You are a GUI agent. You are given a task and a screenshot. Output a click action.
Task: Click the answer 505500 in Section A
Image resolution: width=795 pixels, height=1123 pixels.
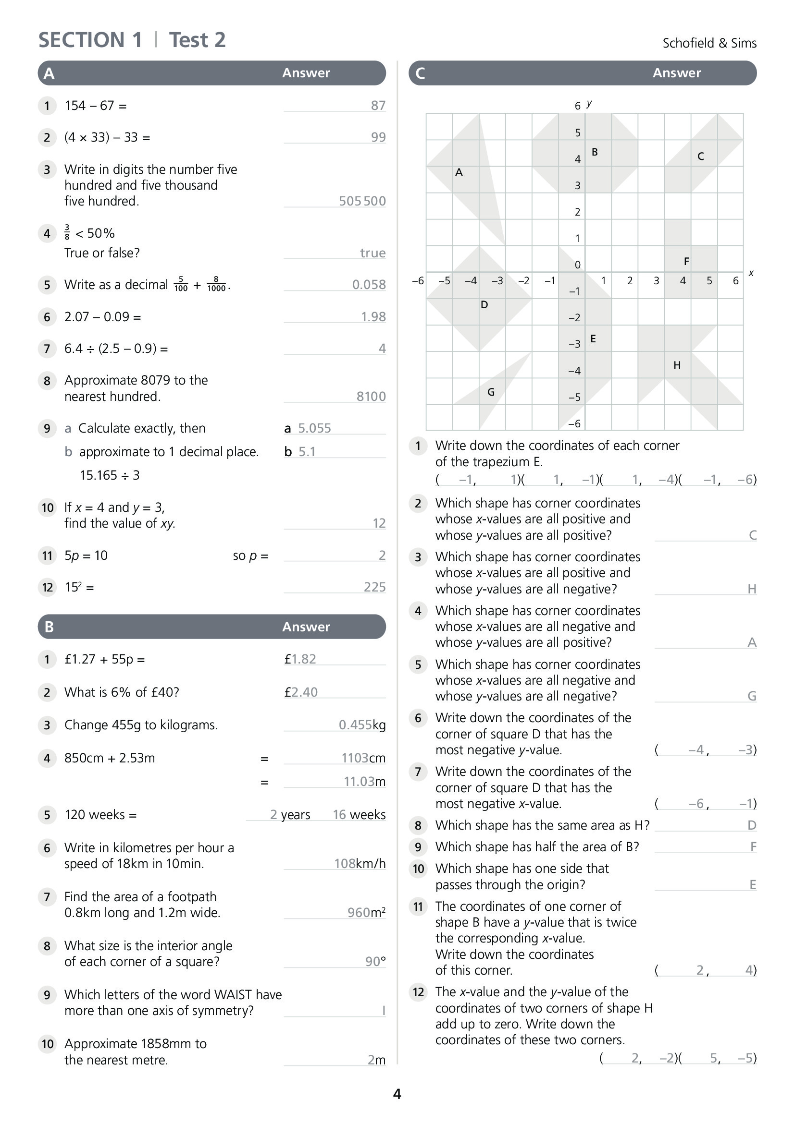[362, 201]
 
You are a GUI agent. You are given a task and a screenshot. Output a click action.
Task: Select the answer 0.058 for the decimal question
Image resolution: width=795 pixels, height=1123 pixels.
[369, 285]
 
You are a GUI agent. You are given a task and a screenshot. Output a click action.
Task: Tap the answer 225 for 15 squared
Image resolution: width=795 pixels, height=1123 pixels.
[374, 587]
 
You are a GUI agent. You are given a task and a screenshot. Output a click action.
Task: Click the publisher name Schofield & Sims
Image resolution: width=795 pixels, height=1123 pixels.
[709, 43]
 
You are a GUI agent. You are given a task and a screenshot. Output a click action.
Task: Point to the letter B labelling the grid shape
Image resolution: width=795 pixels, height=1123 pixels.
[594, 152]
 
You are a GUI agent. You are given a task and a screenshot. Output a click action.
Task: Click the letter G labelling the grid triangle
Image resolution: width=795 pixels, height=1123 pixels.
[491, 392]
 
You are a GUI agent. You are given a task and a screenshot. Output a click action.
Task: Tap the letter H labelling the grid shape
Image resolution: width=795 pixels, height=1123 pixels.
[677, 365]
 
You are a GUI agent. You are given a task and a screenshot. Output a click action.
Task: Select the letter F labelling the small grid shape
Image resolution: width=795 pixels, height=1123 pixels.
[686, 262]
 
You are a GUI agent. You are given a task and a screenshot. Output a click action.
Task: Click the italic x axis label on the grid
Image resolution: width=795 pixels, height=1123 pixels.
[751, 273]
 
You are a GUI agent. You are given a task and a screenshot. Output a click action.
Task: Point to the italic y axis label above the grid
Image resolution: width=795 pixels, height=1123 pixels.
[589, 103]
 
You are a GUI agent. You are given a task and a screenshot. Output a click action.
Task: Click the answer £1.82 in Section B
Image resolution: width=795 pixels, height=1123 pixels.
[300, 659]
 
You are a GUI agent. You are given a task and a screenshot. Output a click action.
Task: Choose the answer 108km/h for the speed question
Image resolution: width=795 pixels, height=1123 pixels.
[360, 864]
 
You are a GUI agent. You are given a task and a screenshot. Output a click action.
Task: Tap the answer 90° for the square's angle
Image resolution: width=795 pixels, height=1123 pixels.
[375, 962]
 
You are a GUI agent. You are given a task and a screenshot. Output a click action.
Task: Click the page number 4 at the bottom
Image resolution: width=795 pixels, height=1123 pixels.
[397, 1094]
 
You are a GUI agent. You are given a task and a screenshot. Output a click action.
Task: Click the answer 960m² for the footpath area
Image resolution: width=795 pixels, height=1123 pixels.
[366, 913]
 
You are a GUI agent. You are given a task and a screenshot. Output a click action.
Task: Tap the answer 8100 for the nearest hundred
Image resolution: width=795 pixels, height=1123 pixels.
[371, 396]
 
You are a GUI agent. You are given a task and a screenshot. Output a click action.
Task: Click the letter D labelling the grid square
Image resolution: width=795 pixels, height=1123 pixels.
[484, 305]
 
